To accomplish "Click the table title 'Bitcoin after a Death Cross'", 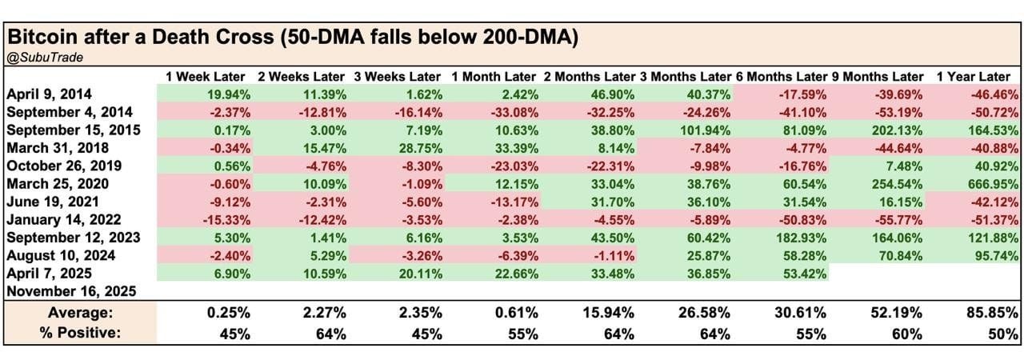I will pyautogui.click(x=292, y=38).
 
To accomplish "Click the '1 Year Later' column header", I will pyautogui.click(x=973, y=77).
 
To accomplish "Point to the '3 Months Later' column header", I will pyautogui.click(x=685, y=77).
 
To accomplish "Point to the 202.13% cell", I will pyautogui.click(x=896, y=130).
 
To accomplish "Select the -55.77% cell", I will pyautogui.click(x=896, y=219).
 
